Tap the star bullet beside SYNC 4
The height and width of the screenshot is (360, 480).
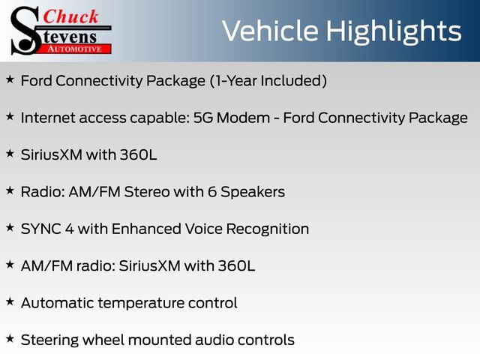9,227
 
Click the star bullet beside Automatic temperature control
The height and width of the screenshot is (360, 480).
9,301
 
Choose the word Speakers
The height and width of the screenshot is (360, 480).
254,192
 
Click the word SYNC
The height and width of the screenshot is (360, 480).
40,229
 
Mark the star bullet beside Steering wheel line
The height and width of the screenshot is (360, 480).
9,339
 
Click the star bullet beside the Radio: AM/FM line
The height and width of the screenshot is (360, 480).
9,190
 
